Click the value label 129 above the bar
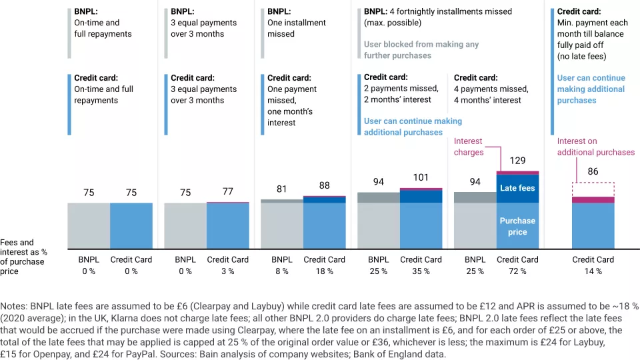pyautogui.click(x=517, y=161)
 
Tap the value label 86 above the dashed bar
pyautogui.click(x=593, y=171)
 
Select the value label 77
pyautogui.click(x=227, y=191)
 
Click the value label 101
pyautogui.click(x=421, y=177)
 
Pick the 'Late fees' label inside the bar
pyautogui.click(x=517, y=189)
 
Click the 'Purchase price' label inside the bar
pyautogui.click(x=517, y=226)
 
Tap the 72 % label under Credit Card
pyautogui.click(x=517, y=271)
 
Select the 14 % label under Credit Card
pyautogui.click(x=593, y=271)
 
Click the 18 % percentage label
pyautogui.click(x=324, y=271)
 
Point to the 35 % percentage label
pyautogui.click(x=421, y=271)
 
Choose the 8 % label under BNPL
pyautogui.click(x=281, y=271)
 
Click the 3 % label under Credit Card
pyautogui.click(x=227, y=271)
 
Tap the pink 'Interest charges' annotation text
pyautogui.click(x=468, y=147)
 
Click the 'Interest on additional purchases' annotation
pyautogui.click(x=595, y=147)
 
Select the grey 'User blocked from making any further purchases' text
pyautogui.click(x=421, y=50)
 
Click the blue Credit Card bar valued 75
pyautogui.click(x=131, y=225)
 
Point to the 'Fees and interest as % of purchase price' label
pyautogui.click(x=23, y=257)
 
